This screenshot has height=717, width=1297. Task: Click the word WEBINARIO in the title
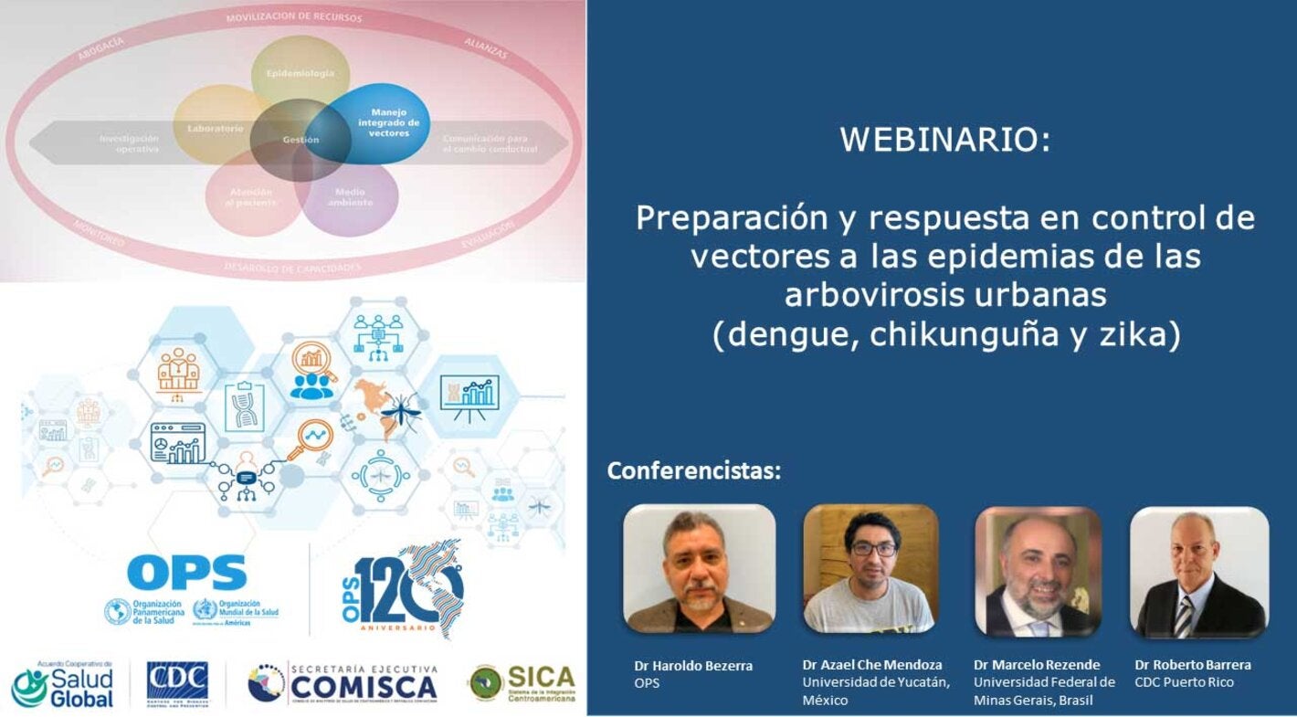[x=944, y=140]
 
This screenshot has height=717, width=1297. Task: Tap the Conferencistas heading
[x=694, y=471]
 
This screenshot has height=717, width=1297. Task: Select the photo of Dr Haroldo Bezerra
[x=699, y=568]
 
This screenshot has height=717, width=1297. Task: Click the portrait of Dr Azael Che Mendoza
[x=870, y=568]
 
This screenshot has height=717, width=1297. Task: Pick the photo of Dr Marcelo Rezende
[x=1038, y=571]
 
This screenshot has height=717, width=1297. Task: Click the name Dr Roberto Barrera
[x=1193, y=664]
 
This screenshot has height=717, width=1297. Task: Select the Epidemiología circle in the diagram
[x=300, y=73]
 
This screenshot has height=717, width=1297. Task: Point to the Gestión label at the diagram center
[x=301, y=140]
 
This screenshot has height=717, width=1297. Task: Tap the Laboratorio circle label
[x=216, y=129]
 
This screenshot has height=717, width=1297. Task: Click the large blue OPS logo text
[x=187, y=573]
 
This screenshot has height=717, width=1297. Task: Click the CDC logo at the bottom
[x=177, y=681]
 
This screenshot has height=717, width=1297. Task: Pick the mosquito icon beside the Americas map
[x=400, y=413]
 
